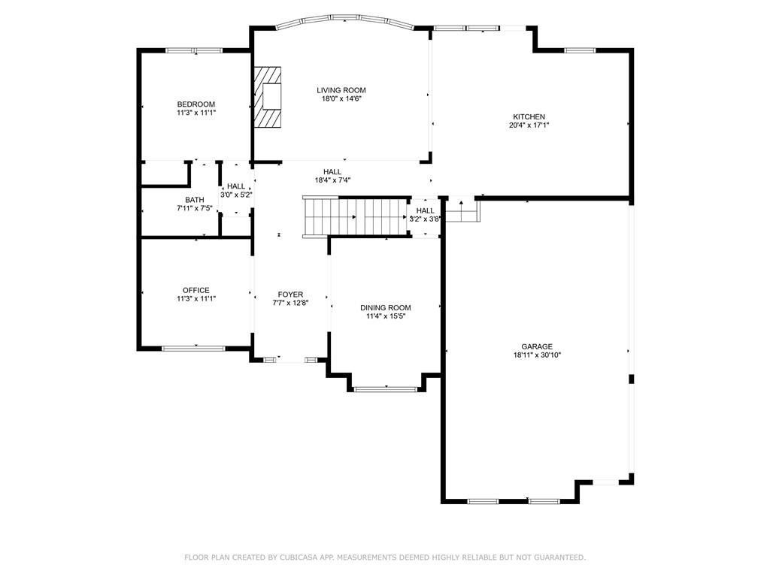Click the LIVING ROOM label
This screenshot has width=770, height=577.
[341, 90]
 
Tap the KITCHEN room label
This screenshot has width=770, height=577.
[529, 116]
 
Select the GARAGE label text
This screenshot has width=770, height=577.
[537, 346]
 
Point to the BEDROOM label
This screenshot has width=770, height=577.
[196, 104]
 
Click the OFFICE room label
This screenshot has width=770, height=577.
[196, 290]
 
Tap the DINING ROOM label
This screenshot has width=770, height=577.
[386, 307]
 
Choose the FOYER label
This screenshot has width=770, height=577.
[290, 295]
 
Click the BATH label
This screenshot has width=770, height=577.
[195, 200]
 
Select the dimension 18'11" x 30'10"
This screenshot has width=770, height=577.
[537, 355]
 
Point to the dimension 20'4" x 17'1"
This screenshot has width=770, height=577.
[529, 125]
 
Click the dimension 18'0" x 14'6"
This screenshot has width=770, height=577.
[341, 98]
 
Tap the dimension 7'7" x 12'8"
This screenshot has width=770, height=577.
[290, 303]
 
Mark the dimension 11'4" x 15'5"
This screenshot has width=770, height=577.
[386, 316]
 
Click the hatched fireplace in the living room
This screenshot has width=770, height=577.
[268, 97]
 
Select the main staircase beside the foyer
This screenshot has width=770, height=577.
[356, 217]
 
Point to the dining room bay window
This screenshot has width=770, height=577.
[386, 390]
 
